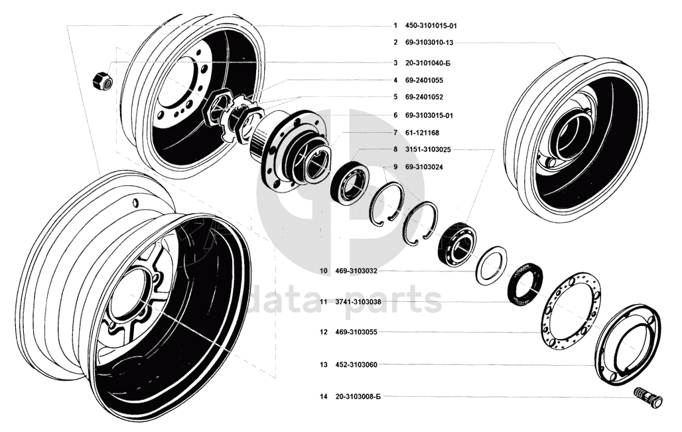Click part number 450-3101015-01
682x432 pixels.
click(x=431, y=26)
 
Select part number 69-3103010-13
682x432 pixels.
click(x=429, y=42)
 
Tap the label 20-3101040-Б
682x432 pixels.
click(x=429, y=63)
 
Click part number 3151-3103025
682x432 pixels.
click(x=432, y=150)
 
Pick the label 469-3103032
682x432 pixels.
click(x=358, y=271)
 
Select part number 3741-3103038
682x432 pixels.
click(x=360, y=302)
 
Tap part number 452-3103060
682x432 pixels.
click(x=358, y=365)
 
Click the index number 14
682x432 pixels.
click(x=324, y=397)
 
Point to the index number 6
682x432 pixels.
click(x=395, y=115)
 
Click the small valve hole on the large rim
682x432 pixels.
click(x=134, y=202)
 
